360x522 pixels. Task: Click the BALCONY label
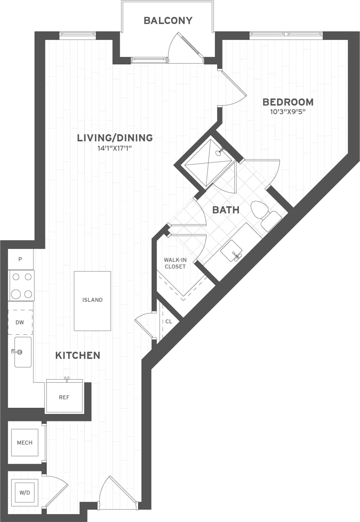[x=168, y=21]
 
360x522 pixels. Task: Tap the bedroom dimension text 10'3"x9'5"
[x=288, y=111]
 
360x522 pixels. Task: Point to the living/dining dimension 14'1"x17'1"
[x=115, y=148]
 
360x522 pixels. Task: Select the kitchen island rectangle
[x=92, y=301]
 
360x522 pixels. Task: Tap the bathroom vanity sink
[x=231, y=250]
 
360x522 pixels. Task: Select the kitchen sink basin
[x=23, y=352]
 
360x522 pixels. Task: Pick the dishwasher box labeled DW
[x=20, y=322]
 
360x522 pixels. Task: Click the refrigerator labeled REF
[x=64, y=397]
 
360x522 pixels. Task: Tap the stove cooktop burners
[x=22, y=285]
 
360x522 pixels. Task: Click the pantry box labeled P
[x=20, y=259]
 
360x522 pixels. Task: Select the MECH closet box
[x=24, y=442]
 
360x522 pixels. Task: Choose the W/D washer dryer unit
[x=24, y=493]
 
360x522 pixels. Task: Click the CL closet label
[x=169, y=321]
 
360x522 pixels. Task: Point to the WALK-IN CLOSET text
[x=175, y=263]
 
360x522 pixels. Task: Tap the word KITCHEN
[x=78, y=355]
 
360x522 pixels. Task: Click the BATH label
[x=226, y=210]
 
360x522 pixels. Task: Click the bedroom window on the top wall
[x=286, y=34]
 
